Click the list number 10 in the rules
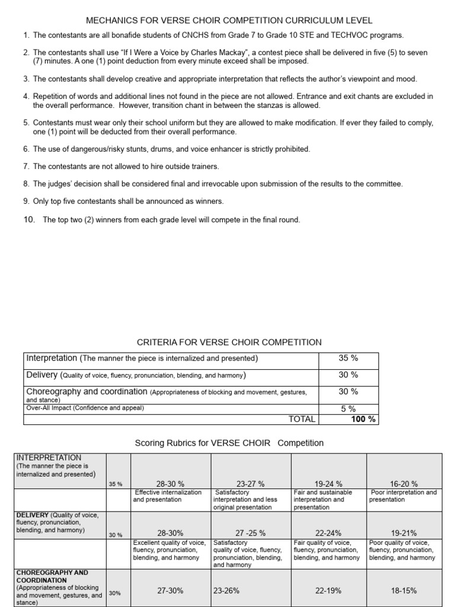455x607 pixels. [29, 220]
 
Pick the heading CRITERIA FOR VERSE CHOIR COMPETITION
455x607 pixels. [229, 342]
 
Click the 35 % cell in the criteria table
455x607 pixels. [348, 358]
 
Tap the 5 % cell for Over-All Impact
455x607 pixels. [348, 408]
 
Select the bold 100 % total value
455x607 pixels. [363, 419]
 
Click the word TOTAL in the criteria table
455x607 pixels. [302, 419]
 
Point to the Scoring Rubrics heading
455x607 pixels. [229, 443]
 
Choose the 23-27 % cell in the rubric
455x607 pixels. [251, 484]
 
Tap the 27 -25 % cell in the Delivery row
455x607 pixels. [251, 533]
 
